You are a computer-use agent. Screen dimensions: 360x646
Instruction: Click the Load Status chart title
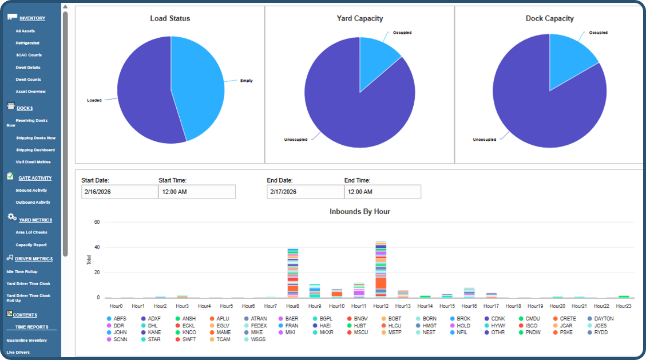[x=170, y=18]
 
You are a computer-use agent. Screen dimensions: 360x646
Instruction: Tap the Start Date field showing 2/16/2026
[x=119, y=192]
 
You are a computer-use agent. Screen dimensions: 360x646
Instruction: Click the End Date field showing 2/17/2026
[x=305, y=192]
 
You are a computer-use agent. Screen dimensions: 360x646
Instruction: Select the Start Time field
[x=196, y=192]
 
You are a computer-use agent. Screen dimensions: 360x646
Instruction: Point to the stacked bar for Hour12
[x=381, y=270]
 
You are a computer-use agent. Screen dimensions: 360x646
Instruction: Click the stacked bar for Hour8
[x=292, y=274]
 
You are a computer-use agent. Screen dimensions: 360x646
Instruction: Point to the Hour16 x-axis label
[x=469, y=306]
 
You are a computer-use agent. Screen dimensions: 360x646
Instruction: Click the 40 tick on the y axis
[x=97, y=247]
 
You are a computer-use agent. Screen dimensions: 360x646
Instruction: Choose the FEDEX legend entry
[x=255, y=326]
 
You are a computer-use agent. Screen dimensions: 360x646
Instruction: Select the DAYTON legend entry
[x=600, y=319]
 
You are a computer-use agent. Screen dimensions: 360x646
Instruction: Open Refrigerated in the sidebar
[x=27, y=43]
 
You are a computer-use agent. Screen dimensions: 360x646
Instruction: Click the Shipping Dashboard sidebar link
[x=35, y=150]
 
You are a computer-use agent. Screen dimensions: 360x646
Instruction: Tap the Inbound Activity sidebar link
[x=31, y=190]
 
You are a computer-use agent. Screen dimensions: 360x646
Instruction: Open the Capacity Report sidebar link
[x=31, y=244]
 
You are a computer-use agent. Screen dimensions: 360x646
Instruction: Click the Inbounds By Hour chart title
[x=359, y=212]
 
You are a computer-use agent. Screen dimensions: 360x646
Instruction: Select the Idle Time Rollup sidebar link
[x=22, y=271]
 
